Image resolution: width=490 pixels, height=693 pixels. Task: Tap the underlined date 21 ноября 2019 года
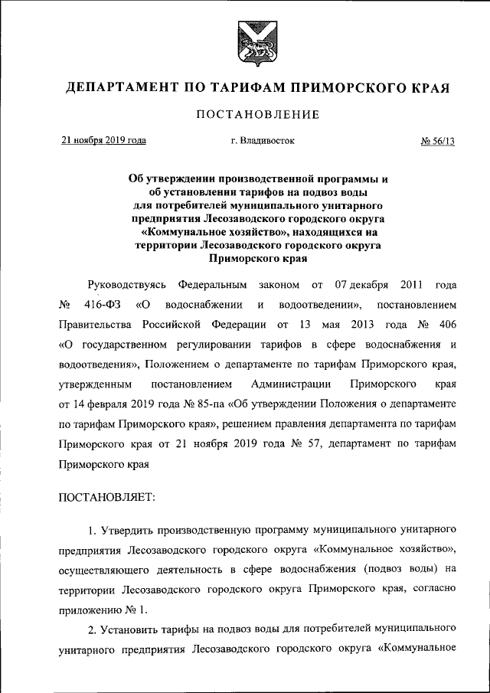point(104,141)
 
